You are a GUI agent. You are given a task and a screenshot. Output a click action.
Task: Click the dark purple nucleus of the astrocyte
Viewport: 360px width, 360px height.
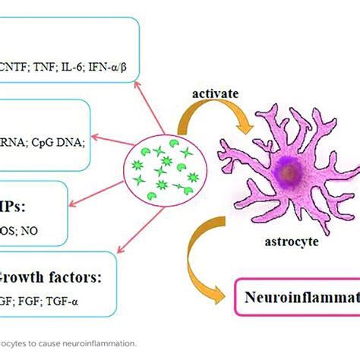(287, 173)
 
